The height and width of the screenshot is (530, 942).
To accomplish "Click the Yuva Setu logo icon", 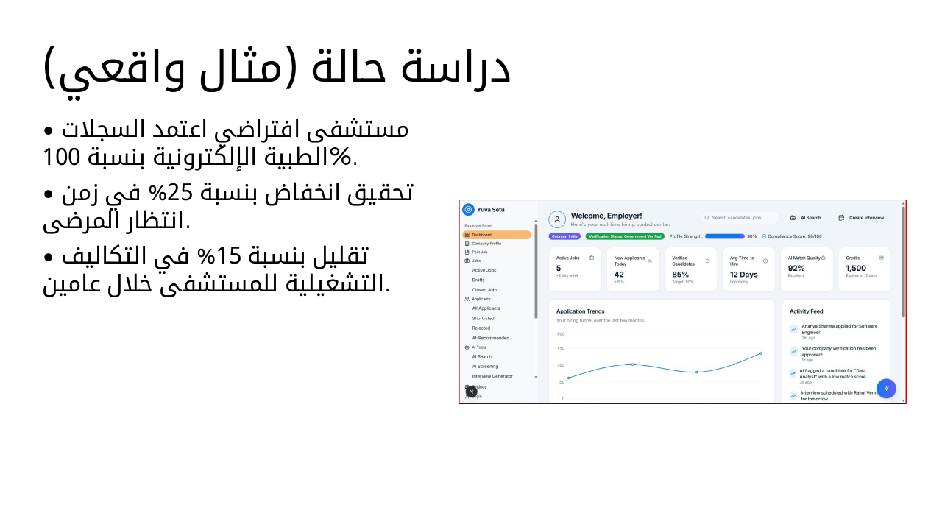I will [x=468, y=210].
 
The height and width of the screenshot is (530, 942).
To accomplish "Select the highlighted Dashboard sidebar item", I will [x=497, y=235].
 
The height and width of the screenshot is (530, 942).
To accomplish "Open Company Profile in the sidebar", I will [x=486, y=243].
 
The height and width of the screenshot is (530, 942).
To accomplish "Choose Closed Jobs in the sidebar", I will [x=485, y=290].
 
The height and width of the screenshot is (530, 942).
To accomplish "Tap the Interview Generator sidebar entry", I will [x=492, y=376].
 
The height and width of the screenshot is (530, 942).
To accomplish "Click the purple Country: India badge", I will [x=564, y=236].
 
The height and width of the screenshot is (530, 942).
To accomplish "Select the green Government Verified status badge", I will [x=625, y=236].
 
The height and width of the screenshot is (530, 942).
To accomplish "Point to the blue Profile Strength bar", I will [x=725, y=236].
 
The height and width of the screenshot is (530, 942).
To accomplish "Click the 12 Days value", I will [x=744, y=275].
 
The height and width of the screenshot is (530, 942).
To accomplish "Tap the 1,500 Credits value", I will [x=856, y=269].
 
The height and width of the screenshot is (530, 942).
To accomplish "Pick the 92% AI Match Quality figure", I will [x=796, y=269].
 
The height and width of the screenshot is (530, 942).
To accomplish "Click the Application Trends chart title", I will [x=580, y=311].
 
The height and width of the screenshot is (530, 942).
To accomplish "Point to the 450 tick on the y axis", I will [x=561, y=348].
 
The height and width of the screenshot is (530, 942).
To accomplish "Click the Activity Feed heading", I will [x=807, y=311].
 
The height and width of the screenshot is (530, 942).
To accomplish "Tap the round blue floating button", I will [x=886, y=389].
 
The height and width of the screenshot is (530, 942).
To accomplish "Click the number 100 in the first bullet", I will [x=57, y=157].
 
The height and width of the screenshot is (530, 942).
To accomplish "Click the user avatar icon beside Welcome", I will [x=557, y=219].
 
